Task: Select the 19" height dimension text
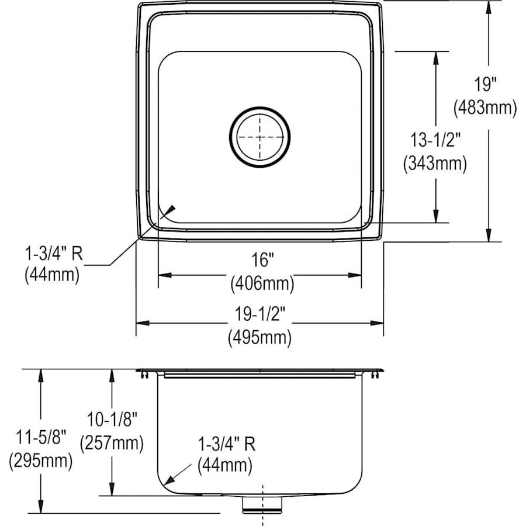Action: point(485,85)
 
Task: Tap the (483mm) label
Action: point(485,108)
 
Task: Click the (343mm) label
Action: point(435,164)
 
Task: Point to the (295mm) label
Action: point(41,462)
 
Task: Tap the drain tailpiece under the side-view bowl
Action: point(262,504)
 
